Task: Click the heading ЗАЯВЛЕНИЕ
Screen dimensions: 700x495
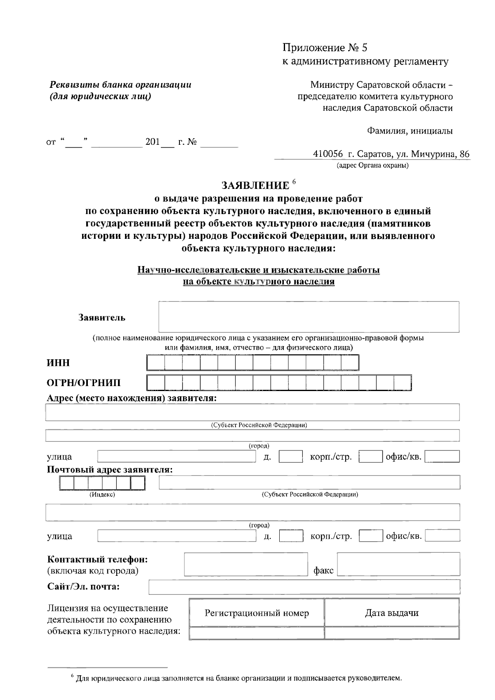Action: point(255,185)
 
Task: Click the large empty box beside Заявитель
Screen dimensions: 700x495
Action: point(309,317)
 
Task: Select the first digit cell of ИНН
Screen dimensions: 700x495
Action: point(156,363)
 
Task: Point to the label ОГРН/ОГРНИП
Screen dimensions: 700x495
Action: point(84,383)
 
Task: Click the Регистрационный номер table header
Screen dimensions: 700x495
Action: point(257,613)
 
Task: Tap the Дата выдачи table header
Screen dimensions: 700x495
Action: point(391,613)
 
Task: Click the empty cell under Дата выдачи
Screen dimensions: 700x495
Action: point(391,633)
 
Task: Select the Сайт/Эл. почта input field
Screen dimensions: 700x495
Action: point(304,587)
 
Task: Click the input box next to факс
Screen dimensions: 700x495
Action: point(398,564)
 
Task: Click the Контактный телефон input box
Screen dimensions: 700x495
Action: point(246,564)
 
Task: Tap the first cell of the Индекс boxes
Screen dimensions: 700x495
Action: point(67,483)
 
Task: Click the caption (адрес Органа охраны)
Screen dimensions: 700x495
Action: point(372,166)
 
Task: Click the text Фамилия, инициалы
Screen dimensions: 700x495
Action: point(410,132)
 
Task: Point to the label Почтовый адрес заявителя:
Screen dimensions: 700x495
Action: point(110,470)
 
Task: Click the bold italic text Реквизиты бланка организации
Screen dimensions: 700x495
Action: point(120,85)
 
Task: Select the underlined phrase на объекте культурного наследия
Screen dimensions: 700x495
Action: point(259,282)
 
